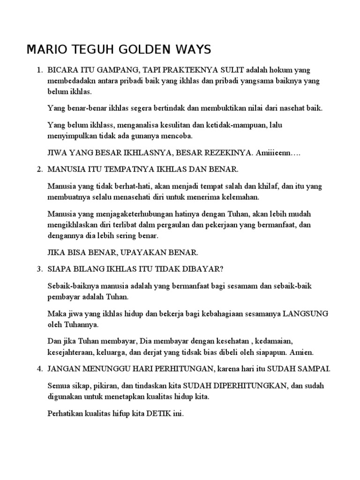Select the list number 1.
(x=39, y=70)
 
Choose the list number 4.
(x=39, y=369)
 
